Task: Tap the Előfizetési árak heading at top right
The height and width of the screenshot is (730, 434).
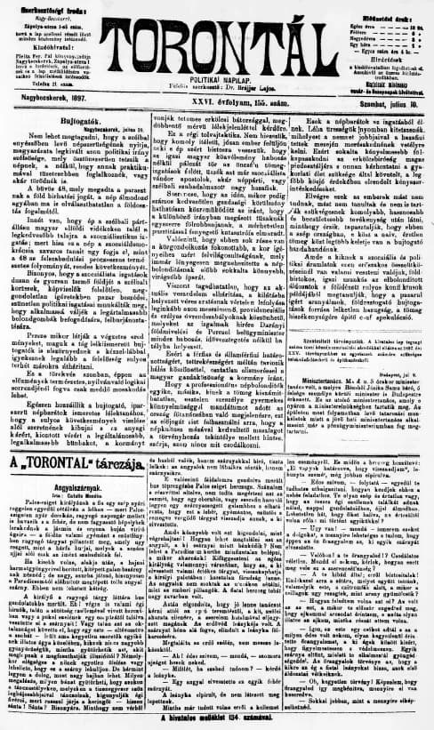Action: pyautogui.click(x=378, y=7)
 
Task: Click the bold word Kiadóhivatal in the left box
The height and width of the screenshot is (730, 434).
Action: pyautogui.click(x=56, y=40)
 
